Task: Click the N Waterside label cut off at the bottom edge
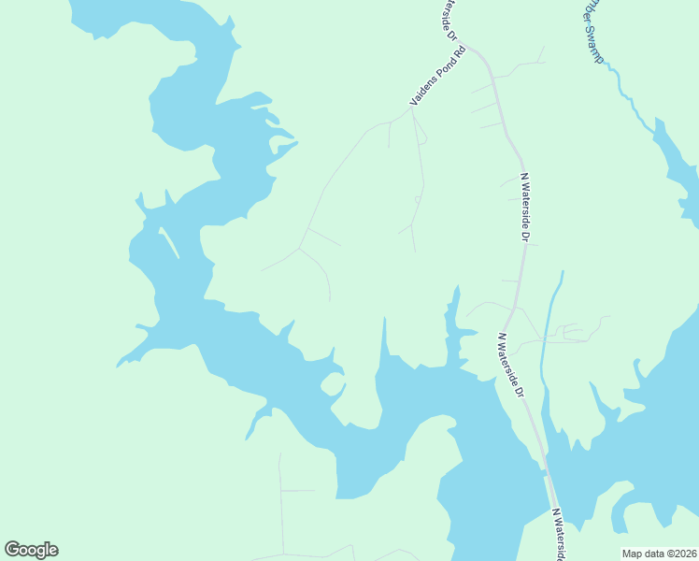pos(558,536)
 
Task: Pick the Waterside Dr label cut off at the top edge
pos(449,19)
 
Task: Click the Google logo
pos(31,550)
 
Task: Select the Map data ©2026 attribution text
pos(658,554)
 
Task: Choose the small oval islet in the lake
pos(331,383)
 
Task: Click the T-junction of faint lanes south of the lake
pos(281,490)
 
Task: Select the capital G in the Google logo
pos(12,550)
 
